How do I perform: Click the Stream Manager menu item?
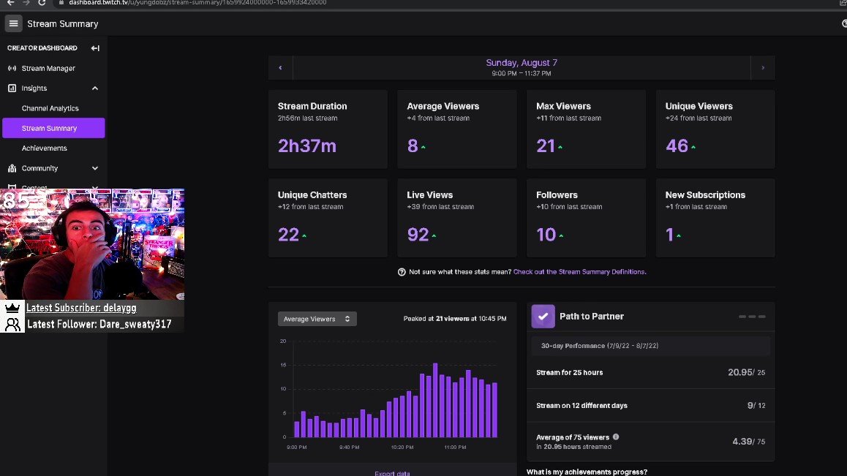tap(48, 68)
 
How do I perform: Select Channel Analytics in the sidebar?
tap(50, 108)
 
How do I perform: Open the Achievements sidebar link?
tap(44, 148)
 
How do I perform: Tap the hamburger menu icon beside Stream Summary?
tap(13, 23)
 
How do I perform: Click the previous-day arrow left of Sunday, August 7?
tap(280, 68)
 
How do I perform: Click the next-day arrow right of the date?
tap(763, 68)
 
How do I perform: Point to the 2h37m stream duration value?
tap(307, 146)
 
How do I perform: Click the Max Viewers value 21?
tap(546, 146)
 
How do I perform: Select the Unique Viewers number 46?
tap(677, 146)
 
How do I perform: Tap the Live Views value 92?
tap(418, 235)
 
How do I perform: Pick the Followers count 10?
tap(546, 235)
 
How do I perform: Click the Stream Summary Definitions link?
tap(579, 272)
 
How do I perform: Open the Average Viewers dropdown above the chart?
tap(317, 319)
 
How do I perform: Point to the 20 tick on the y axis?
tap(283, 341)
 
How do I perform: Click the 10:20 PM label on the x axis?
tap(402, 447)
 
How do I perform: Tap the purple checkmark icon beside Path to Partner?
tap(543, 316)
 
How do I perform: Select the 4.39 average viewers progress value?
tap(742, 442)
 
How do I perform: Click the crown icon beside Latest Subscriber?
tap(12, 308)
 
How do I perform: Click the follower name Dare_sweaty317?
tap(135, 324)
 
